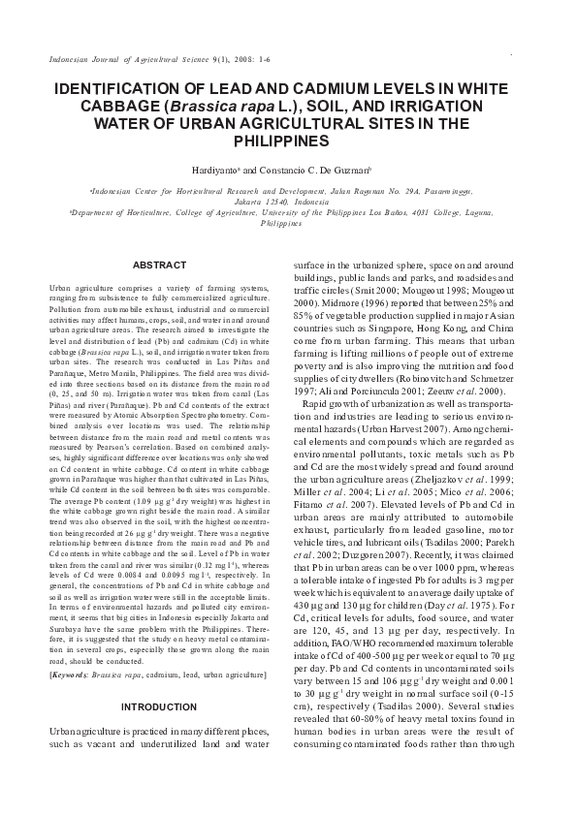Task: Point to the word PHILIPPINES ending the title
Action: click(x=289, y=141)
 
